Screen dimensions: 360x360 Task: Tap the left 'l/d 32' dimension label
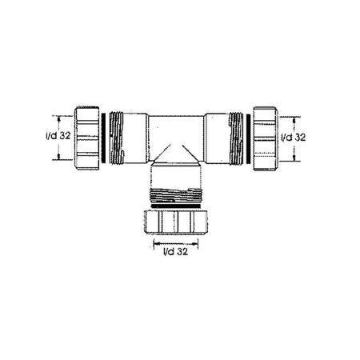tap(55, 136)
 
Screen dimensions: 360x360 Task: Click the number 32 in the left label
tap(64, 136)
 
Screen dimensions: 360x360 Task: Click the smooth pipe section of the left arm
tap(138, 137)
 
